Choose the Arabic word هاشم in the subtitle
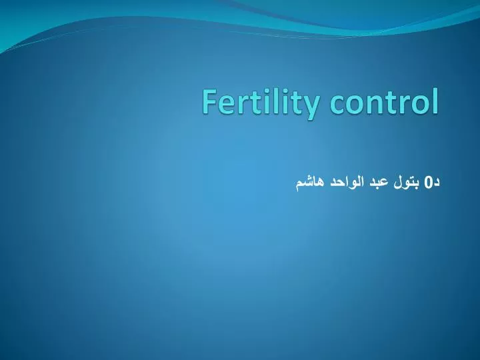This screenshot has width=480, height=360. tap(309, 181)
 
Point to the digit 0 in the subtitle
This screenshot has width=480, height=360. tap(429, 180)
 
